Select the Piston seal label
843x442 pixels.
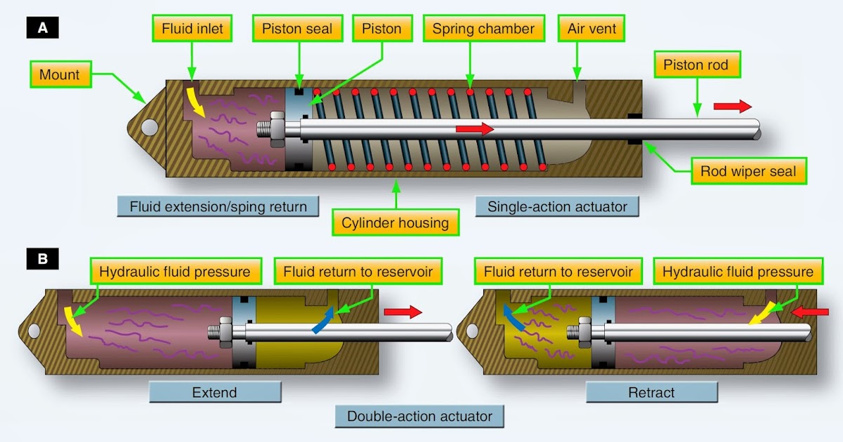297,29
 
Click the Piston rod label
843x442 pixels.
695,65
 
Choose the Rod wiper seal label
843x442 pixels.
749,171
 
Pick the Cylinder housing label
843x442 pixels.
396,222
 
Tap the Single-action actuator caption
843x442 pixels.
557,206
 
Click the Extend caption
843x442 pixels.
215,392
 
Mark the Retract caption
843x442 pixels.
651,392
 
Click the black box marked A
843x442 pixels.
42,29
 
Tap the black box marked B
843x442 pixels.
42,260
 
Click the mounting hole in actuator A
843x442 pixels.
149,127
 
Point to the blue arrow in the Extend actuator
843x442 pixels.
322,320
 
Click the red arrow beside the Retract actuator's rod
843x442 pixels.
804,311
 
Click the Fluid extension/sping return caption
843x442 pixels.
218,206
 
